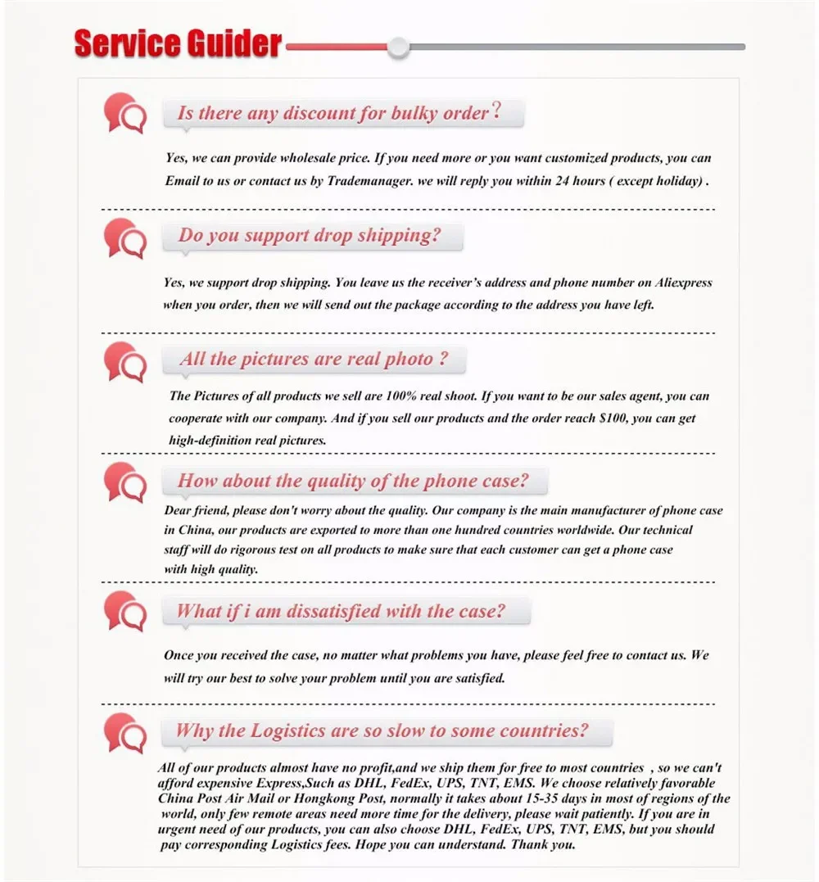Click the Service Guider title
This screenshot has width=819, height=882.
[178, 44]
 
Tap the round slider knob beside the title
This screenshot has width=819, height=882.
[399, 47]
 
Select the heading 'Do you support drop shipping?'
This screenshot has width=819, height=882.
[310, 236]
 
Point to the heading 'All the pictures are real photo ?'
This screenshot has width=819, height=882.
[314, 359]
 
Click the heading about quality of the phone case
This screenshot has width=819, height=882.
[353, 481]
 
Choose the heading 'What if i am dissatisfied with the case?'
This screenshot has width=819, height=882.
[341, 611]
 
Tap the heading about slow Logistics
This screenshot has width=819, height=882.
[382, 730]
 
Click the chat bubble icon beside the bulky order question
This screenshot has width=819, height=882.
[125, 113]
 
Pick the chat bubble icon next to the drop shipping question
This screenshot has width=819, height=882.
[125, 237]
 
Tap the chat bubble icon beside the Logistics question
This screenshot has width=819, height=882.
[125, 731]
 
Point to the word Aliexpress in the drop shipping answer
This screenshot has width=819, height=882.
[684, 283]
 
